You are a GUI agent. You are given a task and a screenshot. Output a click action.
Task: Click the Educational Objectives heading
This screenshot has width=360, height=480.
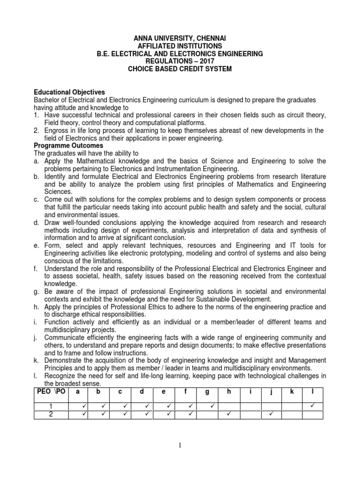pos(69,92)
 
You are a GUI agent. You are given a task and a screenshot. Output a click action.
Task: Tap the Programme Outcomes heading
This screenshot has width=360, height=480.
pos(68,146)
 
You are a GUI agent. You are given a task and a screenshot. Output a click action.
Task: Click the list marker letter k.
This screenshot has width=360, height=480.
pos(37,360)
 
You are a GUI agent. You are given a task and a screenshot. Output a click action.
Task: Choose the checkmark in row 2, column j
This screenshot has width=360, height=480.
pos(271,414)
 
